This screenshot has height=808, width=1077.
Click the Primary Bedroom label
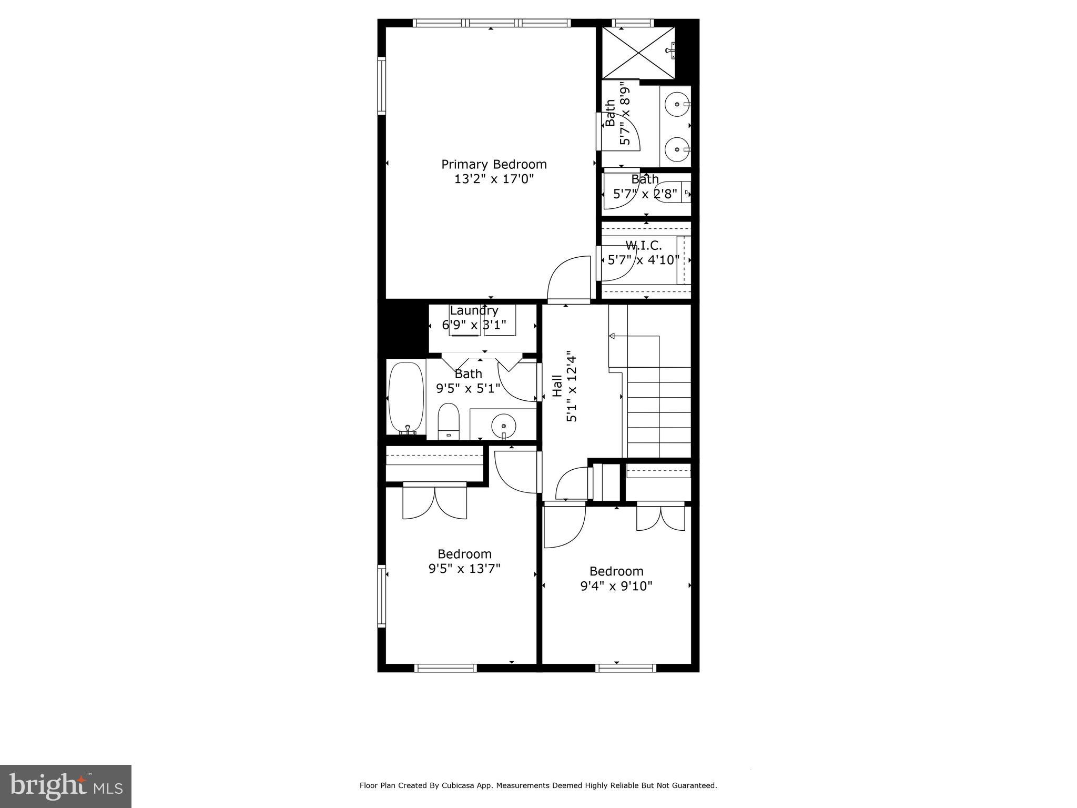[494, 165]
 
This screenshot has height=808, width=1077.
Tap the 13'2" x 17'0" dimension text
[494, 179]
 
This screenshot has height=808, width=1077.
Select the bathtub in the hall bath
[406, 397]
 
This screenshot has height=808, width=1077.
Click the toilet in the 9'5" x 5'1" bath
[449, 421]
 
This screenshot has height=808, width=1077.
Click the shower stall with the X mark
[638, 52]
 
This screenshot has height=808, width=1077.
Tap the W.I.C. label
[643, 245]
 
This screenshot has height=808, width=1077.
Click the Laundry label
[473, 310]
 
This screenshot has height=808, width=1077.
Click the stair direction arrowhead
[612, 336]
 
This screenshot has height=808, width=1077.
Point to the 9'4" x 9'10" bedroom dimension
[616, 586]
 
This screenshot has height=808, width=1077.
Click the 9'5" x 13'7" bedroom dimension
[464, 569]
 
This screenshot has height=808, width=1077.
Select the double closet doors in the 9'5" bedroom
[435, 502]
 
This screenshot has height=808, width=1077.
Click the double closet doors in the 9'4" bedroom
[661, 517]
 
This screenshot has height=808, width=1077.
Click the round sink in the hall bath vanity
[503, 424]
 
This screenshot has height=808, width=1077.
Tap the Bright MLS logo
[66, 786]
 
